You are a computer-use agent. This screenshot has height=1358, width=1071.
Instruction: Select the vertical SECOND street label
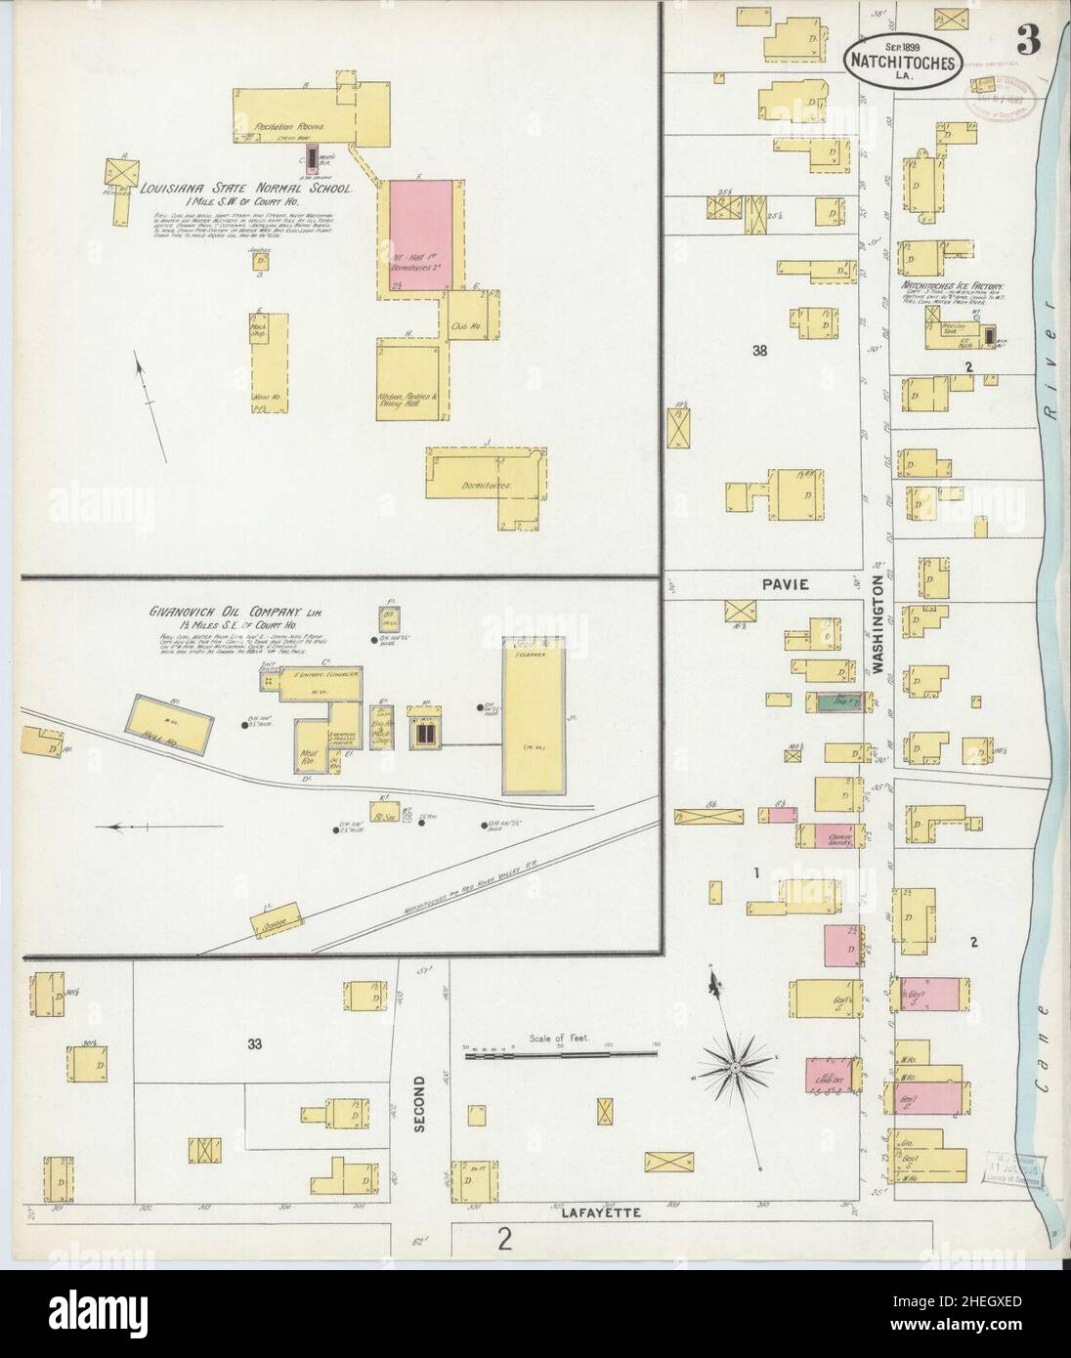tap(418, 1104)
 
